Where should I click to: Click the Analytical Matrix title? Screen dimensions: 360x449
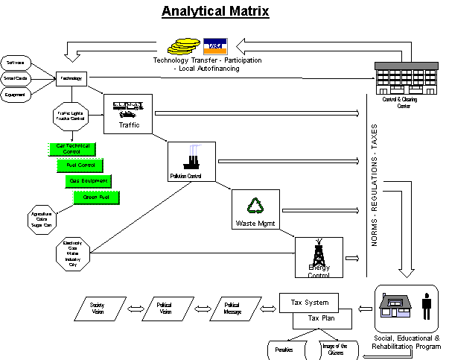tap(215, 12)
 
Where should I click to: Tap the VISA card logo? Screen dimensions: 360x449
tap(214, 45)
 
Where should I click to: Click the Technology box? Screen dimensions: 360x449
tap(72, 78)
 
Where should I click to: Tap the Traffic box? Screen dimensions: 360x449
tap(128, 114)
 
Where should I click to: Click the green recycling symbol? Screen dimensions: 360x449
tap(257, 206)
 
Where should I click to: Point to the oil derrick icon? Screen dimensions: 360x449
tap(319, 254)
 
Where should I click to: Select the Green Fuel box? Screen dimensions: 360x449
tap(97, 198)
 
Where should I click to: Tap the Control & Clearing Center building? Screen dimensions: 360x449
tap(403, 81)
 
